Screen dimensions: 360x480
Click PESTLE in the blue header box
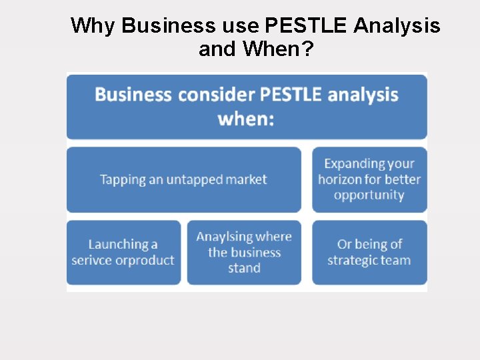coord(291,95)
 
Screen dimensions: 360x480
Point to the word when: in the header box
coord(246,120)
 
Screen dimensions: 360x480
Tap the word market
coord(245,179)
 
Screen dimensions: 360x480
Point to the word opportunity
coord(369,195)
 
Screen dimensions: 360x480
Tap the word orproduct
coord(145,260)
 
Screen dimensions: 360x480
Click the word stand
coord(244,268)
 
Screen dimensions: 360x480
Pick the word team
coord(395,260)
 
